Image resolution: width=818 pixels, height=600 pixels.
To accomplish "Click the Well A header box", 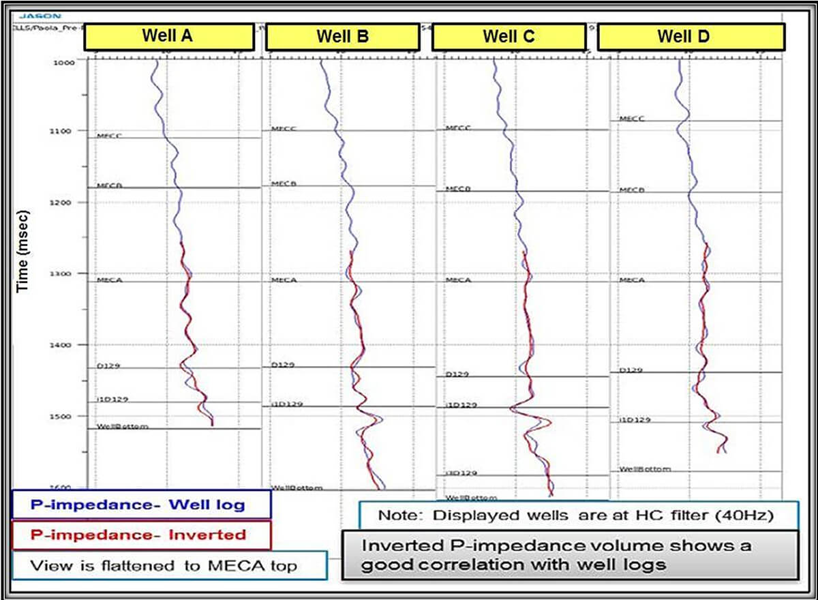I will [167, 37].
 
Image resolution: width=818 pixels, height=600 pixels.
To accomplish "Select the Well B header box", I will [342, 37].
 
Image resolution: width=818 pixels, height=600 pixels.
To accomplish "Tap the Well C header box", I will [509, 37].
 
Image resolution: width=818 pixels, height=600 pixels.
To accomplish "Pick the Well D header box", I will [682, 37].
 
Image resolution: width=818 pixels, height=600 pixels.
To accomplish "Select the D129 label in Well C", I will [457, 374].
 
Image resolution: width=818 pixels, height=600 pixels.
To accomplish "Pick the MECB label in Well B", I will [283, 184].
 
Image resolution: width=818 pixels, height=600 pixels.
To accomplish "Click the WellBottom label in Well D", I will [645, 469].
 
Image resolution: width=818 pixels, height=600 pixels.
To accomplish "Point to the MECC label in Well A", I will [109, 136].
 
